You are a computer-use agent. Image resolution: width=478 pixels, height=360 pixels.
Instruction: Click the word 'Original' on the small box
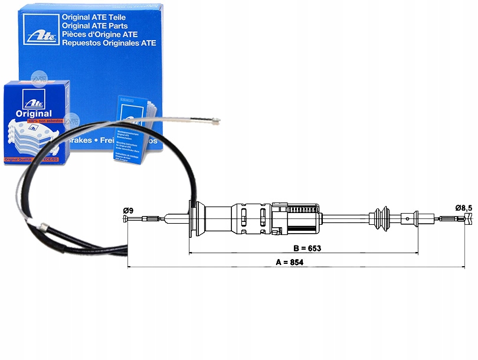pyautogui.click(x=34, y=113)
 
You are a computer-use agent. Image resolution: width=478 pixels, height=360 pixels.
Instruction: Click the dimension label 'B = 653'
pyautogui.click(x=307, y=248)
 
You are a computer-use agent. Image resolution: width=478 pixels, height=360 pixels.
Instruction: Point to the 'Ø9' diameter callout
pyautogui.click(x=129, y=211)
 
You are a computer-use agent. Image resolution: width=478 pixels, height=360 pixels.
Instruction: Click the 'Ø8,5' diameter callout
pyautogui.click(x=464, y=207)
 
